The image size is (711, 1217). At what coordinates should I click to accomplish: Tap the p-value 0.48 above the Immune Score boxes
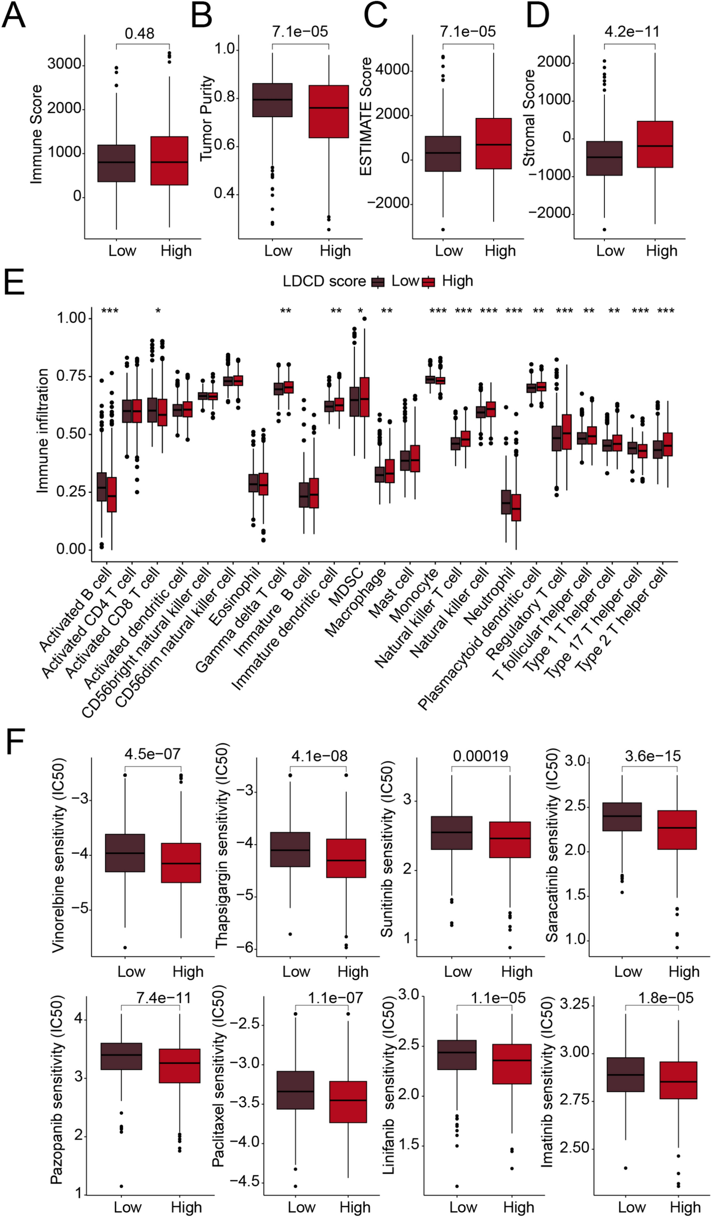tap(139, 34)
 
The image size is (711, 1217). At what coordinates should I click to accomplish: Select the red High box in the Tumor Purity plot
tap(329, 111)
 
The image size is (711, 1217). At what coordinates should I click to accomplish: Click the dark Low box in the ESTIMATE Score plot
tap(443, 154)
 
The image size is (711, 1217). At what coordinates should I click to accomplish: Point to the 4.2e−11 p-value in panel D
tap(632, 31)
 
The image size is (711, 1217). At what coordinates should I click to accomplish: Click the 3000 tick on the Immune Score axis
tap(64, 64)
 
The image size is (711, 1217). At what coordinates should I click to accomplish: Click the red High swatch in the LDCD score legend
tap(429, 282)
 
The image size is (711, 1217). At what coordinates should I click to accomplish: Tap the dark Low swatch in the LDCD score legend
tap(379, 282)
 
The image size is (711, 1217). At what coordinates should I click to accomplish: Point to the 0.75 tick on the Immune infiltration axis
tap(71, 376)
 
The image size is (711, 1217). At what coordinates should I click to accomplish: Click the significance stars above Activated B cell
tap(110, 311)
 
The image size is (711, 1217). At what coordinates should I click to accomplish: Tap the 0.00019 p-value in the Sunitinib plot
tap(480, 756)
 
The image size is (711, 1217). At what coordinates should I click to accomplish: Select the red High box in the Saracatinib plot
tap(676, 830)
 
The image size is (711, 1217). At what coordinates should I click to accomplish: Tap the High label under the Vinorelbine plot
tap(188, 972)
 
